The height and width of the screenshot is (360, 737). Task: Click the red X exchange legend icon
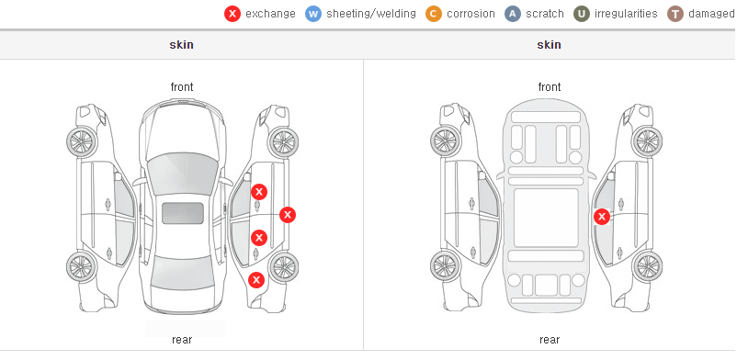[x=232, y=14]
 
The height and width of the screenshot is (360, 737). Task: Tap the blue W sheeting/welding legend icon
[x=313, y=14]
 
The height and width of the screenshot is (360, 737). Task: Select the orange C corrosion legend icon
[x=434, y=14]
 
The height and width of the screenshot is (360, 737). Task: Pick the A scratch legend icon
[x=513, y=14]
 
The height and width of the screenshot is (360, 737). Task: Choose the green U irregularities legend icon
[x=582, y=14]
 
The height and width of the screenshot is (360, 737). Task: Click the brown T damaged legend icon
[x=675, y=14]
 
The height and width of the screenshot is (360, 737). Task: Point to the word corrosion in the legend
[x=471, y=14]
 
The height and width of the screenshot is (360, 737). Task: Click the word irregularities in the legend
[x=626, y=14]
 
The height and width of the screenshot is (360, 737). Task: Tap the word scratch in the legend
[x=545, y=14]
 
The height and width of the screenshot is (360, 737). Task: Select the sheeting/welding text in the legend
[x=371, y=14]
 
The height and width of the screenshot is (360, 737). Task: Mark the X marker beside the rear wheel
[x=256, y=280]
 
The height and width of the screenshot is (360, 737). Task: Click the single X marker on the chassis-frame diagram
[x=602, y=217]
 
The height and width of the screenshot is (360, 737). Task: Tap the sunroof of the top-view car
[x=183, y=213]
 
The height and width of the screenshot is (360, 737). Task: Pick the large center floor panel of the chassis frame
[x=545, y=217]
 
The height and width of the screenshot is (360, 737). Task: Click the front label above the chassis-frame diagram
[x=550, y=87]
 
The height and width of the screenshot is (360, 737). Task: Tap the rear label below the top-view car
[x=182, y=340]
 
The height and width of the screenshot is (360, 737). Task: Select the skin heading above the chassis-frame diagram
[x=549, y=45]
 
